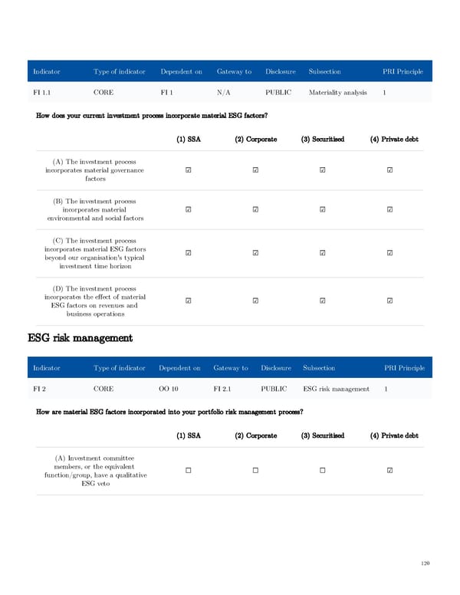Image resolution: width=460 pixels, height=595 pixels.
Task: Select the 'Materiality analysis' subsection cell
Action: point(337,92)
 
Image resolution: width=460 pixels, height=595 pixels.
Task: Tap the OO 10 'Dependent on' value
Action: point(169,389)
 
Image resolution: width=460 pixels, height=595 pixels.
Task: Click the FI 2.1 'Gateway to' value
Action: point(225,389)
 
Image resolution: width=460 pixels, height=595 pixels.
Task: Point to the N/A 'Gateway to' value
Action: point(225,92)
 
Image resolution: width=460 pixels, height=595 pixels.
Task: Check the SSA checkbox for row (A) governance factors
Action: point(189,170)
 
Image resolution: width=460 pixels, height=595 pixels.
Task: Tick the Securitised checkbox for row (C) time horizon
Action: point(322,253)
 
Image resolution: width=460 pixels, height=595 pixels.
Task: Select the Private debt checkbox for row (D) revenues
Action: point(389,301)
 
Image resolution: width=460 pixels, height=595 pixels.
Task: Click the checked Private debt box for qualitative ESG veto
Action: point(389,471)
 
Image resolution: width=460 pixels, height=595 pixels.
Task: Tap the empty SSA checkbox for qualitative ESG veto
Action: point(189,471)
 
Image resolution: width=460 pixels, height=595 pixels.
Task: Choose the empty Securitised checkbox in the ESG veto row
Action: point(322,471)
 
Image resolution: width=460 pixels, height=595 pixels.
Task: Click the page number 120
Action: point(426,564)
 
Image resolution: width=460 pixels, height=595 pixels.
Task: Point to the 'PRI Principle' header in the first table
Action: point(402,71)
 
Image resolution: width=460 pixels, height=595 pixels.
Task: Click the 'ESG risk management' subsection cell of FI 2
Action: point(337,389)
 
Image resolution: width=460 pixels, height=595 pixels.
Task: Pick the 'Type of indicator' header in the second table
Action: point(119,368)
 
